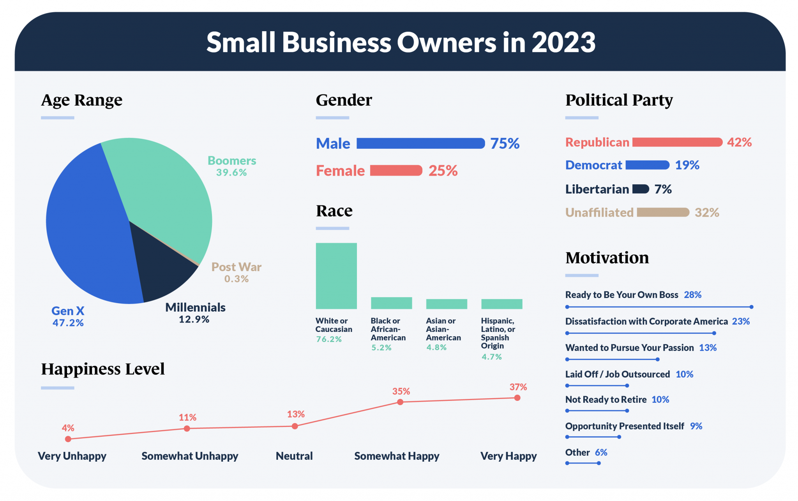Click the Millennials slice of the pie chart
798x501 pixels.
point(164,269)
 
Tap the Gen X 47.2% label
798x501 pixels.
point(68,316)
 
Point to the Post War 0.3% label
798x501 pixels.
point(236,272)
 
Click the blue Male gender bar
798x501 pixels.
point(420,143)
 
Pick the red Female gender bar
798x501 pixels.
point(396,171)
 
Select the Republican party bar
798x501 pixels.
point(677,142)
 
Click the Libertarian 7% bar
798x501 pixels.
point(641,189)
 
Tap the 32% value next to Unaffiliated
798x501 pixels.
point(707,213)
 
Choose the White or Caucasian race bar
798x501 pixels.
point(336,276)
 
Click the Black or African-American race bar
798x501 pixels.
point(391,303)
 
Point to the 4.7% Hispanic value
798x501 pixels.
point(491,357)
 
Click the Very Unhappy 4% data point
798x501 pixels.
point(68,439)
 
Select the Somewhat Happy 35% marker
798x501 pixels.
point(400,402)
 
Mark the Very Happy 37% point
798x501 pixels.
point(517,398)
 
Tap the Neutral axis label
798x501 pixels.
point(294,456)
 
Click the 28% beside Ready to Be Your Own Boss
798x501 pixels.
point(692,295)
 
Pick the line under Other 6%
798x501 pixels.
point(583,463)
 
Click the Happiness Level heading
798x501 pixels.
point(103,369)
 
